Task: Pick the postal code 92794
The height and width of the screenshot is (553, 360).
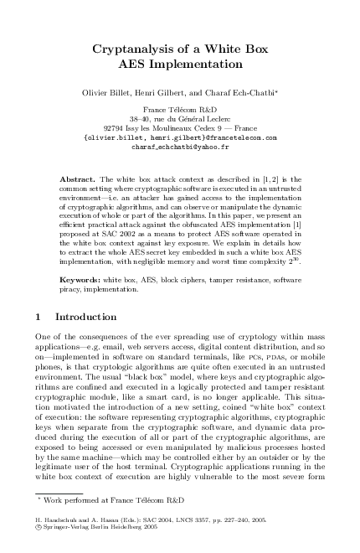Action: coord(127,127)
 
